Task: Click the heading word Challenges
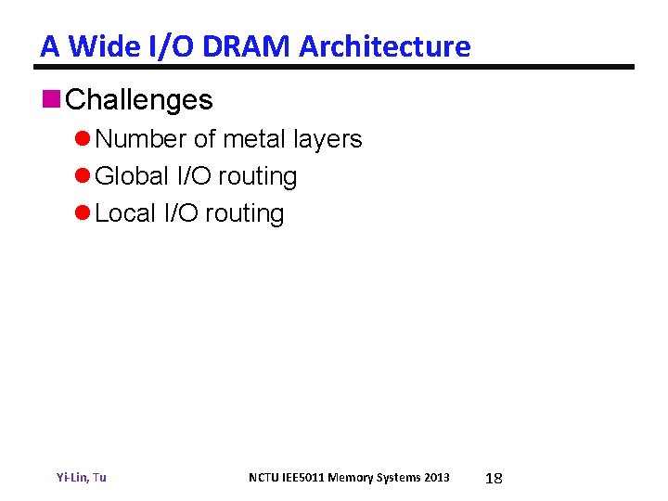pos(140,100)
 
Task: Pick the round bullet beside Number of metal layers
pos(83,140)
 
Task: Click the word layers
pos(328,139)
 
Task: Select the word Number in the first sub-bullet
pos(141,139)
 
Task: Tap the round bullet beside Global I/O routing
pos(83,177)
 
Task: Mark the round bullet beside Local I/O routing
pos(83,214)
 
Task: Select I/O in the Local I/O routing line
pos(181,213)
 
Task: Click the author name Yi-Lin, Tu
pos(81,477)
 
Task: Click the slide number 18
pos(495,478)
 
